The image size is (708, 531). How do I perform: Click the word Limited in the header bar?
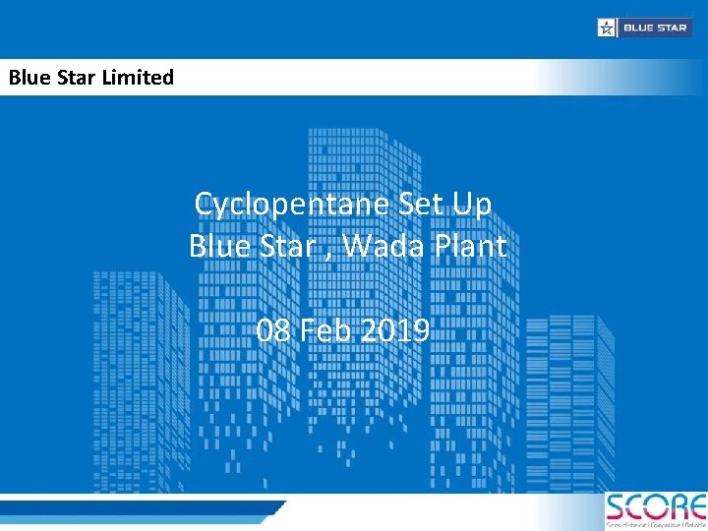coord(137,77)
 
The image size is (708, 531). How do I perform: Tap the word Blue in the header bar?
coord(29,77)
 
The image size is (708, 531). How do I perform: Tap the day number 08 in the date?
coord(272,330)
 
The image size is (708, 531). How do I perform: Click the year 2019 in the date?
coord(394,330)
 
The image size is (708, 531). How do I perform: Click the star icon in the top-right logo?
coord(607,28)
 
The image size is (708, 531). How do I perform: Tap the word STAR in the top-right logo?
coord(672,28)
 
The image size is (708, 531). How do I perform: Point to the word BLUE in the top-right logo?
coord(636,28)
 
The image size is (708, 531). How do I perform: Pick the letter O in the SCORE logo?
coord(658,507)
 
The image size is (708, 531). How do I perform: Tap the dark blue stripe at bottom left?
coord(138,508)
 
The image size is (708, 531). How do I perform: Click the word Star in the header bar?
coord(75,77)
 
